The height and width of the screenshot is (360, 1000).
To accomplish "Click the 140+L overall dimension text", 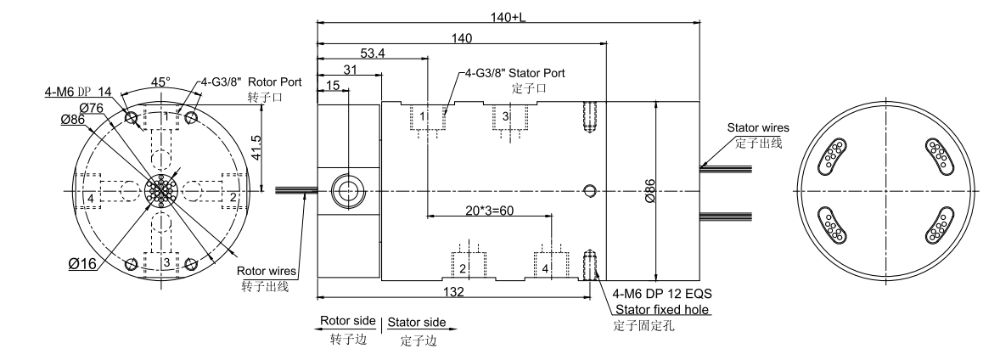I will pyautogui.click(x=506, y=16).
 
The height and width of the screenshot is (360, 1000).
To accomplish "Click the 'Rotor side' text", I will pyautogui.click(x=347, y=323).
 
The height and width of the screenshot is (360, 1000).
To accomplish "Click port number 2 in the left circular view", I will pyautogui.click(x=232, y=198).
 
